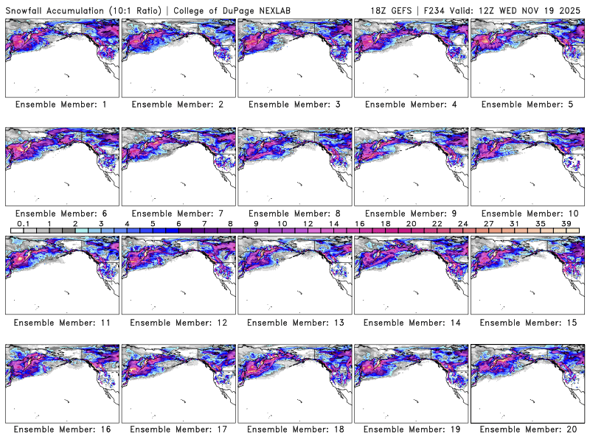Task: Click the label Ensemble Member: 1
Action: point(61,105)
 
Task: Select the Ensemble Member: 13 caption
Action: point(294,322)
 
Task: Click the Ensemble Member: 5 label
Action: point(527,105)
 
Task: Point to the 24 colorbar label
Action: point(462,223)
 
